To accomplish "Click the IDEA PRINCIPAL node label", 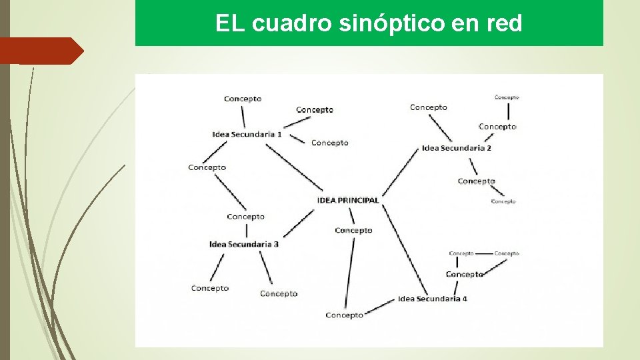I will [x=348, y=200].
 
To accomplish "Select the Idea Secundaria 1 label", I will [x=247, y=134].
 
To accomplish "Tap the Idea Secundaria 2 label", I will [x=457, y=148].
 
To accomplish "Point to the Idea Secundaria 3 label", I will [x=244, y=244].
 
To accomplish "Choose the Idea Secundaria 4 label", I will [x=433, y=299].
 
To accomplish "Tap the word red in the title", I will [x=505, y=24].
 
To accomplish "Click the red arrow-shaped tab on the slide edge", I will [x=41, y=51].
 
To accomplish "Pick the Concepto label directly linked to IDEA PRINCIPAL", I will [x=353, y=230].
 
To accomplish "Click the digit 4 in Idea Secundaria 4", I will [x=465, y=299].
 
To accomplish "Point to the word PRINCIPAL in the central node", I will [x=359, y=200].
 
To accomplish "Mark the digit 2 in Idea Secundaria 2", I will [x=489, y=148].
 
